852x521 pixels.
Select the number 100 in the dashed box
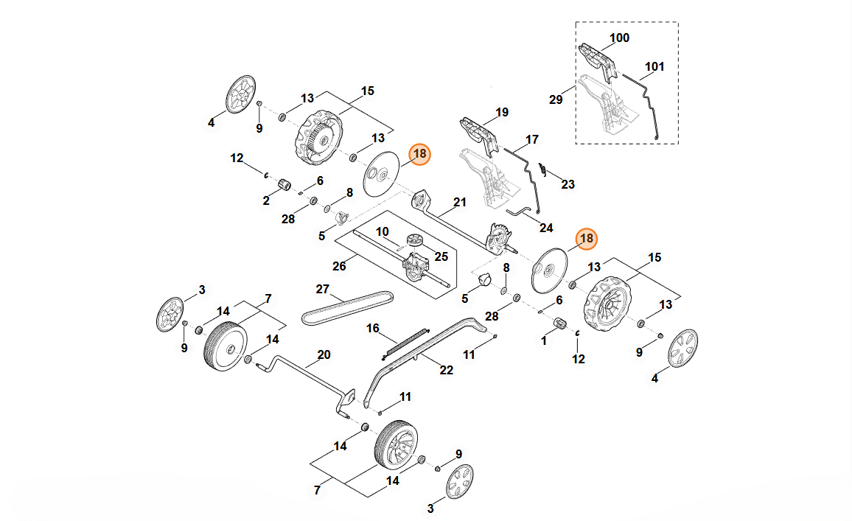click(x=619, y=38)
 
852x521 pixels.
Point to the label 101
click(x=654, y=66)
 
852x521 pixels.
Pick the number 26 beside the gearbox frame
click(x=339, y=266)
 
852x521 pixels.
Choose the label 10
click(x=382, y=231)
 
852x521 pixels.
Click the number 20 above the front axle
click(x=324, y=354)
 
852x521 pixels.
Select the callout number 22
click(x=446, y=370)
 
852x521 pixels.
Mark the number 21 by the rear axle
click(x=460, y=202)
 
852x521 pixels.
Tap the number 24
click(x=545, y=228)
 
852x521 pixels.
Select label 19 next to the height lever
click(x=501, y=113)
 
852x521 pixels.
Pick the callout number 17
click(x=531, y=139)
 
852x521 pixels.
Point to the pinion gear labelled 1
click(x=558, y=323)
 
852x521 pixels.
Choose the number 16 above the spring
click(x=373, y=328)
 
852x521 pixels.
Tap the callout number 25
click(x=441, y=256)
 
